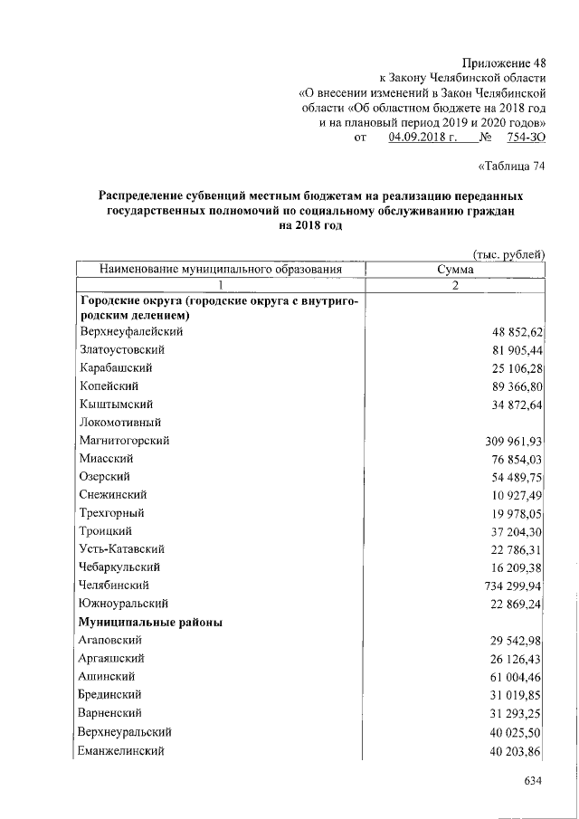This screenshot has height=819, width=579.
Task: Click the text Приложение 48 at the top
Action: pyautogui.click(x=504, y=62)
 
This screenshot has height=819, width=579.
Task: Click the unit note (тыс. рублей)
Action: pyautogui.click(x=508, y=255)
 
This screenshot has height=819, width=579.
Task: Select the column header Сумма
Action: pyautogui.click(x=456, y=270)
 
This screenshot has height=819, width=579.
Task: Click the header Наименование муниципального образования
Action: pyautogui.click(x=221, y=270)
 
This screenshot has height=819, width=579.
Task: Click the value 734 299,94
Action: pyautogui.click(x=511, y=586)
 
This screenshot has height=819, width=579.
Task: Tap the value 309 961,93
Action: pyautogui.click(x=511, y=441)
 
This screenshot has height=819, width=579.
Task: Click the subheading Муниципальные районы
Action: pyautogui.click(x=150, y=622)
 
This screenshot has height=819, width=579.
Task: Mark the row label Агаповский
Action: pyautogui.click(x=113, y=640)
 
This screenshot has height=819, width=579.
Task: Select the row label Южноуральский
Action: pyautogui.click(x=123, y=604)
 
